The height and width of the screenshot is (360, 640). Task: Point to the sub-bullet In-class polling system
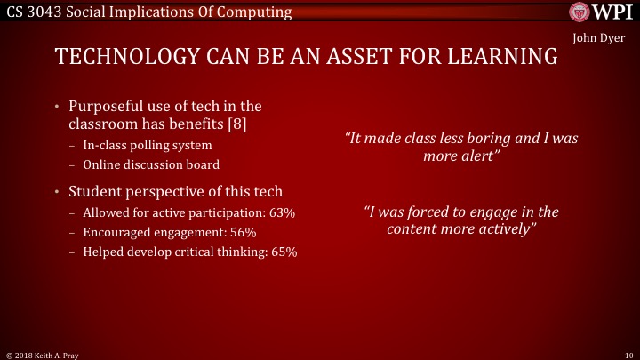[148, 145]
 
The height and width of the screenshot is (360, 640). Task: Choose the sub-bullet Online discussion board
[150, 164]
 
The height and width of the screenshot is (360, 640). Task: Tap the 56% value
[240, 232]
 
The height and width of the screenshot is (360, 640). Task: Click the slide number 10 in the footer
[628, 353]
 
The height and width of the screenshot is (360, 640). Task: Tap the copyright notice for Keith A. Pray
[42, 353]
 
